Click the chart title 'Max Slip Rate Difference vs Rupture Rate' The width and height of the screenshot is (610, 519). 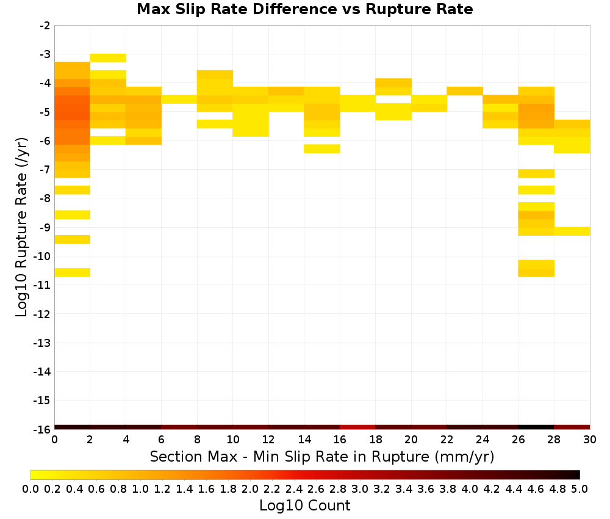304,9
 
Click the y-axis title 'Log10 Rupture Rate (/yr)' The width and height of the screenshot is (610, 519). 21,227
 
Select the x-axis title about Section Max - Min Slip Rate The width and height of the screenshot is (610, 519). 321,457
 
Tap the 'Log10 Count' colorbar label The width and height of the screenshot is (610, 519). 304,506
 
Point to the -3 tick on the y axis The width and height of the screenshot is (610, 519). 45,54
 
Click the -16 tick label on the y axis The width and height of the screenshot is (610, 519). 42,429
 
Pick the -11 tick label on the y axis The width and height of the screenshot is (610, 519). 42,285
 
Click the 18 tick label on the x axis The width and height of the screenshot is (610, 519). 375,440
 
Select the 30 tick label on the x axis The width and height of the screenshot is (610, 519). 590,440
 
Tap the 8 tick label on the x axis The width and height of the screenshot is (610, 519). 197,440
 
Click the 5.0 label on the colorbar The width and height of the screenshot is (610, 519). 579,488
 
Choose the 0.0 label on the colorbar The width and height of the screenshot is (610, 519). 30,488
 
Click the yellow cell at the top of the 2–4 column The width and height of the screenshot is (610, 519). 108,58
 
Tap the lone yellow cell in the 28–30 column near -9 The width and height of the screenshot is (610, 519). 572,231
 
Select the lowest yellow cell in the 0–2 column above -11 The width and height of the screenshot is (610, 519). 73,272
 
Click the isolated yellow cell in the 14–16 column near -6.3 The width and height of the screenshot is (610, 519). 322,149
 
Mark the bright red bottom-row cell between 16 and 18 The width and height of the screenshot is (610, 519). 357,427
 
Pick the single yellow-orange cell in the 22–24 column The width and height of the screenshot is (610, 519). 465,91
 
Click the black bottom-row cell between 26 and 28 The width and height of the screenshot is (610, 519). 536,427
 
